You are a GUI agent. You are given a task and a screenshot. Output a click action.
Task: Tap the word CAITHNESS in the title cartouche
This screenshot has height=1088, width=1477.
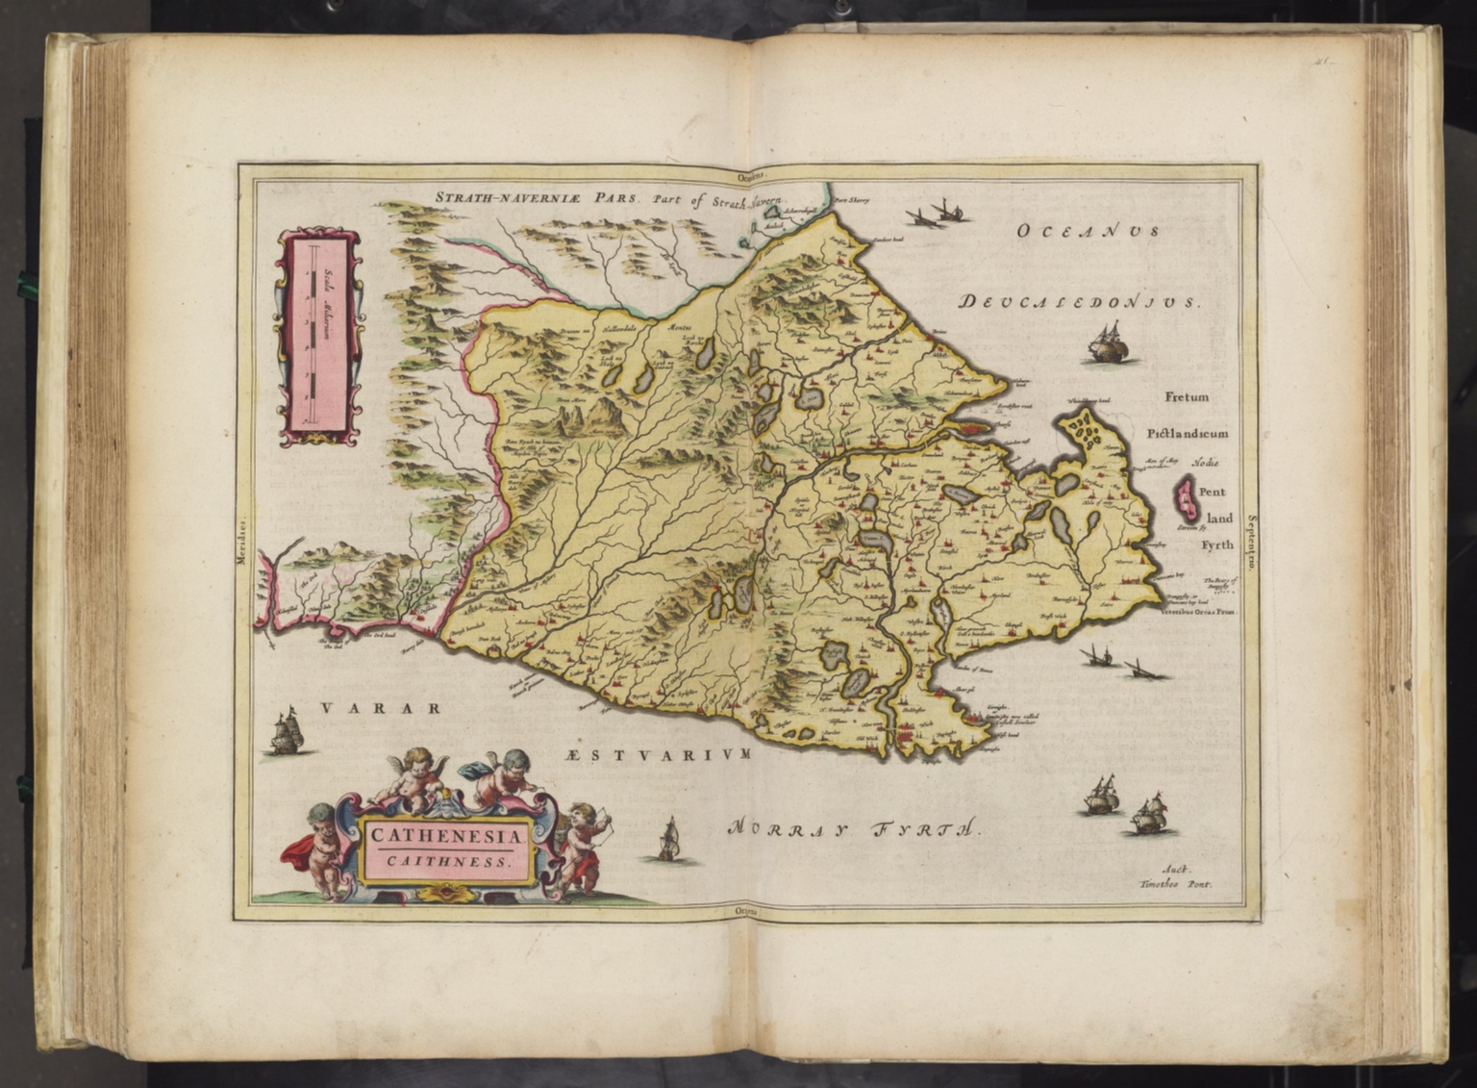click(447, 861)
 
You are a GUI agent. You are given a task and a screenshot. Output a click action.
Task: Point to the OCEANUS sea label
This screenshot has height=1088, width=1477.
click(1089, 231)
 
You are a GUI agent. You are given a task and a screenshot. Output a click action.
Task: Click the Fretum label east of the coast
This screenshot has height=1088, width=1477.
click(1187, 396)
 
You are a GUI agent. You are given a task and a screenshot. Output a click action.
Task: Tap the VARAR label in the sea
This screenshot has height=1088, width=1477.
click(381, 709)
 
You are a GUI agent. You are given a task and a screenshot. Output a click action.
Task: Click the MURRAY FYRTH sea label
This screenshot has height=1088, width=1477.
click(854, 828)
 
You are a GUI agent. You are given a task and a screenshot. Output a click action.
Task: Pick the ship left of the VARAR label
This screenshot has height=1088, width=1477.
click(286, 733)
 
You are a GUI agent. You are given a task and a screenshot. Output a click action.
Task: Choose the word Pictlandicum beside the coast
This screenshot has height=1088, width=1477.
click(1187, 434)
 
